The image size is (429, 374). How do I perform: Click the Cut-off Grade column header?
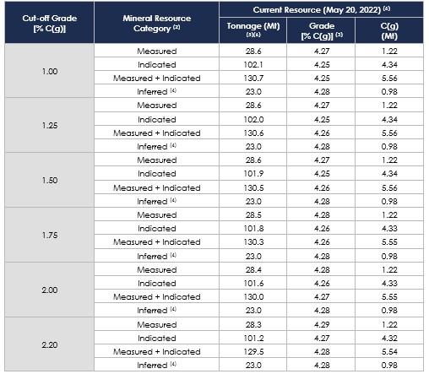[x=50, y=23]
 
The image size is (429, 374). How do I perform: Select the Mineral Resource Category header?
[x=157, y=23]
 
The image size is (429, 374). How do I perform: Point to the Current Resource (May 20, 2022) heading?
[x=321, y=10]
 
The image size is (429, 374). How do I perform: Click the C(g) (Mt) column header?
[x=389, y=30]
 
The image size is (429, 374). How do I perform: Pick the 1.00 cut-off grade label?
[x=50, y=71]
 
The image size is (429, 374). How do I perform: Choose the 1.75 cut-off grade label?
[x=50, y=235]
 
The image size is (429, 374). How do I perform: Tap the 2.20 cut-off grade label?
[x=50, y=344]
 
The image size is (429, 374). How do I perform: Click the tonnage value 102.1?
[x=253, y=65]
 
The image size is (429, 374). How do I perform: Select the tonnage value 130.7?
[x=253, y=79]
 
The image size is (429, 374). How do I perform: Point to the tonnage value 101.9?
[x=253, y=174]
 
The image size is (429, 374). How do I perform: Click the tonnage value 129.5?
[x=253, y=352]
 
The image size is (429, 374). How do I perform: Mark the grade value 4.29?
[x=322, y=324]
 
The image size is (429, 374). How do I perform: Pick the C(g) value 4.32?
[x=389, y=338]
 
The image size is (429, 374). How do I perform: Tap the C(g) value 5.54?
[x=389, y=352]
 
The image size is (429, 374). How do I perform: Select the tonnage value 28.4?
[x=253, y=270]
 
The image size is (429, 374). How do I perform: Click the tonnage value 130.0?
[x=253, y=297]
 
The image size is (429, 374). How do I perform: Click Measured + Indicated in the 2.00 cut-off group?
[x=157, y=297]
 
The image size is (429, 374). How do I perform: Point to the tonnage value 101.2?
[x=253, y=338]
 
